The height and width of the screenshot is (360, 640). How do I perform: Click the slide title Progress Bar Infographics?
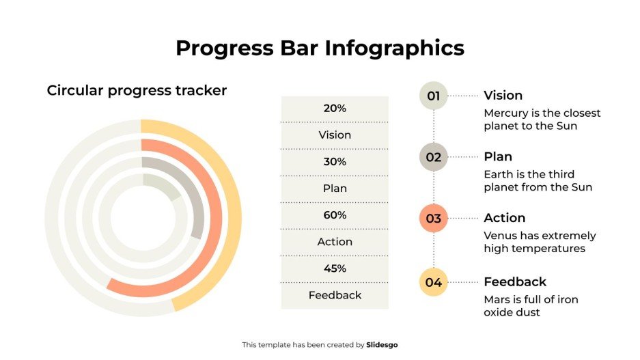(x=320, y=48)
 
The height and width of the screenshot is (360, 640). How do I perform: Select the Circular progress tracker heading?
(x=137, y=90)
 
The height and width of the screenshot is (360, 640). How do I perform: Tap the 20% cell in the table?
(x=335, y=109)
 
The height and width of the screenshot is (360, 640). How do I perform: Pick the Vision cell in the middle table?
(x=335, y=135)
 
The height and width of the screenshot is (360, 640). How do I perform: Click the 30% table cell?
(x=335, y=162)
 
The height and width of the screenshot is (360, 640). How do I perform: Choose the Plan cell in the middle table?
(x=335, y=189)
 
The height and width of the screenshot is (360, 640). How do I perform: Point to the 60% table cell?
(x=335, y=215)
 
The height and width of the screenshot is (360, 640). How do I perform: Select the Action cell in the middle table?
(x=335, y=242)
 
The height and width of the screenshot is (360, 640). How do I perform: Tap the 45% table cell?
(x=335, y=268)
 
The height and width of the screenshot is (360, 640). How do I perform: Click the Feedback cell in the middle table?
(x=335, y=295)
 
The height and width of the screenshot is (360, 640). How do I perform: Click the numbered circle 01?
(x=433, y=96)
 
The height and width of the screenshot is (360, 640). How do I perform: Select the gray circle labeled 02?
(x=433, y=157)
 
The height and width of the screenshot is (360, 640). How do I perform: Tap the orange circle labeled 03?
(x=433, y=219)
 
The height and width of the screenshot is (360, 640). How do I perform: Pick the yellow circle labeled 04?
(x=433, y=282)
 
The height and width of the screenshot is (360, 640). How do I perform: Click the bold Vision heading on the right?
(x=503, y=96)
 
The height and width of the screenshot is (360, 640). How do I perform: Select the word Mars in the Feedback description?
(x=497, y=299)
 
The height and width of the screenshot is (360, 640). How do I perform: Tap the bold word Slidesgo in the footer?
(x=382, y=345)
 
